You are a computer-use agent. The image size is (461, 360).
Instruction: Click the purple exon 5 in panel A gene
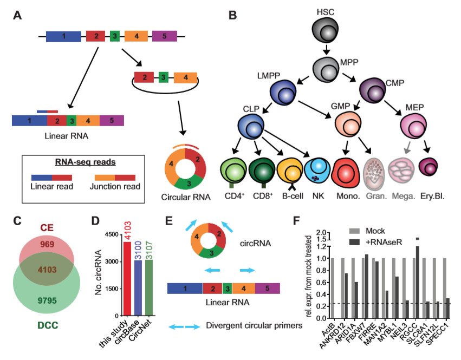(x=165, y=37)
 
